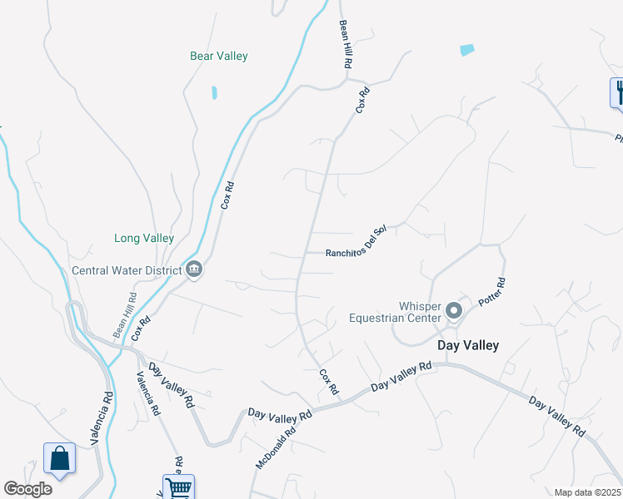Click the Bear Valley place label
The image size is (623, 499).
(x=219, y=57)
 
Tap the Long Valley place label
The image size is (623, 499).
(x=144, y=238)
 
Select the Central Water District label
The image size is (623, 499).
(x=127, y=270)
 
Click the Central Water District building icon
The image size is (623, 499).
(x=194, y=269)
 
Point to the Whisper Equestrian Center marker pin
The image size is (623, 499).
(x=454, y=311)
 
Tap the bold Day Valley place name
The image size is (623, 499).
(x=469, y=345)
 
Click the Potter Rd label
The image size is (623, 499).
(x=492, y=291)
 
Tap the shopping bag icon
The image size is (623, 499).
(x=60, y=458)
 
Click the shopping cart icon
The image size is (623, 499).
(x=178, y=487)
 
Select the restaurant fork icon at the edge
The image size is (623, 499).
(x=618, y=91)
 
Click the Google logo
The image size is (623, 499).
(x=27, y=489)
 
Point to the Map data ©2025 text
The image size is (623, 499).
(x=588, y=492)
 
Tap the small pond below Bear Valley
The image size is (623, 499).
(x=214, y=92)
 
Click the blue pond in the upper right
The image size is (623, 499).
(x=467, y=50)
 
